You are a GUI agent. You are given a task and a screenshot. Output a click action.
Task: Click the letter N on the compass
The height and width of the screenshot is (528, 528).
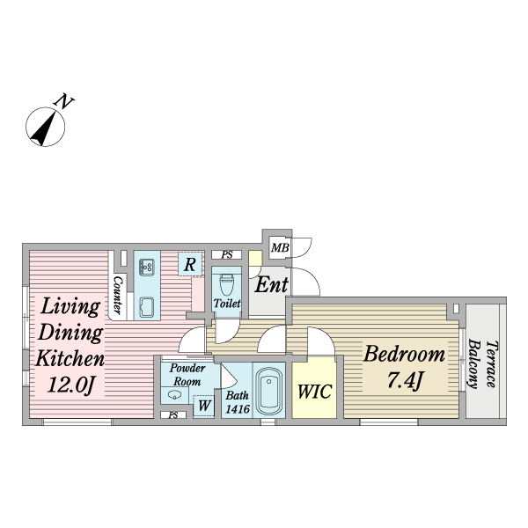(62, 101)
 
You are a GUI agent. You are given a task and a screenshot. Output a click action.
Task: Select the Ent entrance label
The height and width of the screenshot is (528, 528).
(272, 285)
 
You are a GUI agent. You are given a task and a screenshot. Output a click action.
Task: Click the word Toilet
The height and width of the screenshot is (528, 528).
(227, 304)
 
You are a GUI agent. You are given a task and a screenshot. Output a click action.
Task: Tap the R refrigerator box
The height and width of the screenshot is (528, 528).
(190, 262)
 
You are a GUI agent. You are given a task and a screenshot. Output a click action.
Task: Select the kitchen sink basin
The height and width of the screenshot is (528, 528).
(146, 307)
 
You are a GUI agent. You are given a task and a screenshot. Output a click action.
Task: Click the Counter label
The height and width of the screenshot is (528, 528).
(117, 295)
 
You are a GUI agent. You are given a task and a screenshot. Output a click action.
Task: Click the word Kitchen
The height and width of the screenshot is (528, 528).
(70, 359)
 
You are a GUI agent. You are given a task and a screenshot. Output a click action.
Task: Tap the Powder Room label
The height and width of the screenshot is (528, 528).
(187, 375)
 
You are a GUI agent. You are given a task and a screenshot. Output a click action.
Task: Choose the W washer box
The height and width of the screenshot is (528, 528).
(203, 406)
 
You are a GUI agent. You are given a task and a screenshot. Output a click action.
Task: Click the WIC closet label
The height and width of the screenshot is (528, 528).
(313, 391)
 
